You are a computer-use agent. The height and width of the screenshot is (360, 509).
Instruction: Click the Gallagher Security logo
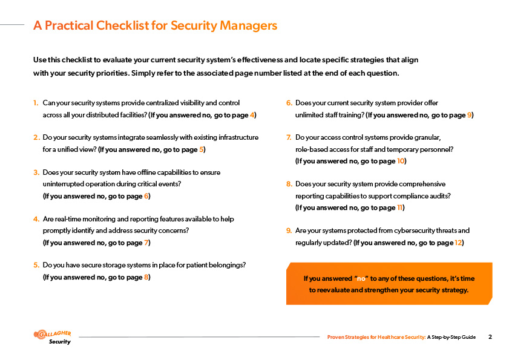53,336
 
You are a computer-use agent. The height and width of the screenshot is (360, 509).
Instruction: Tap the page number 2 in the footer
490,337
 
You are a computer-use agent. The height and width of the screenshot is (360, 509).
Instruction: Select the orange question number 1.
36,103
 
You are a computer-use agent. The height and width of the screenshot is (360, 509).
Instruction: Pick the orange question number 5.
36,265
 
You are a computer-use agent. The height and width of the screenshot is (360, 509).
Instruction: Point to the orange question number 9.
289,231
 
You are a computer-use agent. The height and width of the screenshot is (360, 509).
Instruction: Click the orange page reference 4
252,115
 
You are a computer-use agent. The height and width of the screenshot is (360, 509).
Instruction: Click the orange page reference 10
401,161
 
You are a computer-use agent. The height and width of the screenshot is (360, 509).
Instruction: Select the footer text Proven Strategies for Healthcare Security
376,337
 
